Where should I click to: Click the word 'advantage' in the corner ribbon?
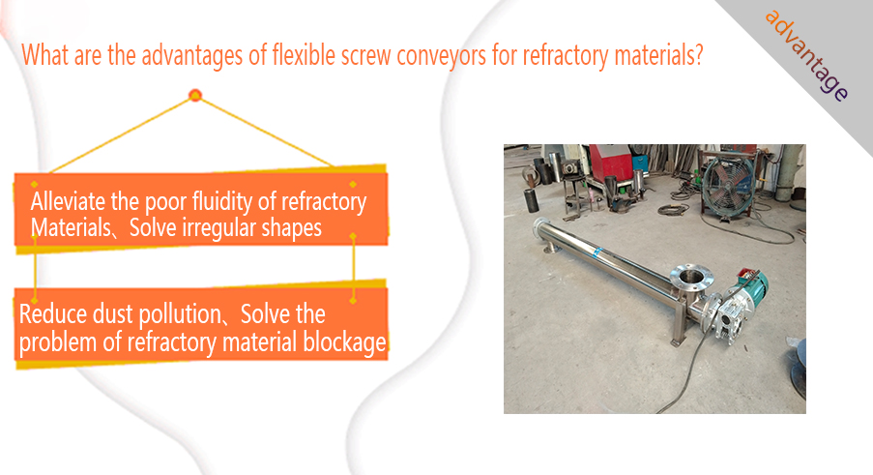pos(806,55)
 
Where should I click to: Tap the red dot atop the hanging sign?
pos(195,95)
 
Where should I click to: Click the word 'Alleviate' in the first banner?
pos(69,201)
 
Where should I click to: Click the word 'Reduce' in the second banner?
pos(53,314)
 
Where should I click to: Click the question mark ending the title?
pos(699,55)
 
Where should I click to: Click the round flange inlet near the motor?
pos(691,276)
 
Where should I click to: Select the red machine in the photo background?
pos(610,162)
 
